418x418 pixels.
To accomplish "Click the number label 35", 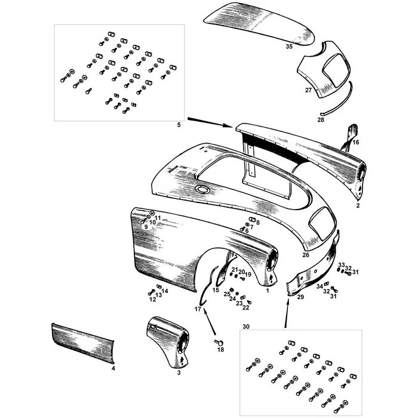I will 289,46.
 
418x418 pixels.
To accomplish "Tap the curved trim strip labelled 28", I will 337,102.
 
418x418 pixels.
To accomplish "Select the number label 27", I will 308,90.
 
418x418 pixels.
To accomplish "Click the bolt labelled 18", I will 218,342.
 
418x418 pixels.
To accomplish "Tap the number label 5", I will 179,125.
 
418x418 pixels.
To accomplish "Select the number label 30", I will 247,327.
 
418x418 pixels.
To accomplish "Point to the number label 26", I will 306,255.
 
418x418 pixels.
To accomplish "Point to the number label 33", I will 341,265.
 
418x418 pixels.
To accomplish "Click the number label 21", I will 235,270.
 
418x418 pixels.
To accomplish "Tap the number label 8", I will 257,222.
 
